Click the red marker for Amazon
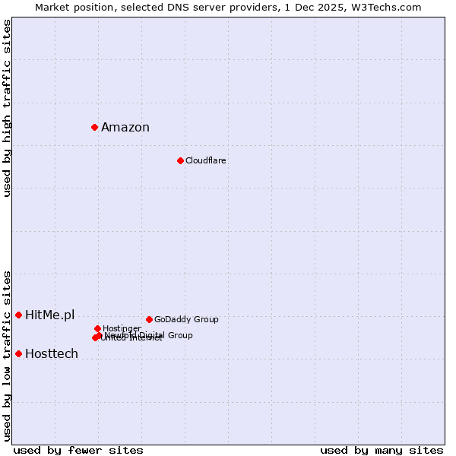coord(94,127)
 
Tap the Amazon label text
coord(125,128)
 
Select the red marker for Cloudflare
coord(180,160)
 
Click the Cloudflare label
coord(206,161)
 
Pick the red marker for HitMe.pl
coord(18,315)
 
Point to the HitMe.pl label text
coord(50,315)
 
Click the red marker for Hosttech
coord(18,353)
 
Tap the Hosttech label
coord(52,354)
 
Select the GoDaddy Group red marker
coord(149,319)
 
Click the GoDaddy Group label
coord(186,320)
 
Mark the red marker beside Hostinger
coord(97,328)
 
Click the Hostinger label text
coord(122,328)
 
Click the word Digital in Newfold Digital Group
coord(152,335)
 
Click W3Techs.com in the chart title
coord(386,7)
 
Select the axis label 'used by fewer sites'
coord(78,450)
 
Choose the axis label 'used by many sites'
coord(382,450)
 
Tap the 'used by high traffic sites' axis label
coord(7,108)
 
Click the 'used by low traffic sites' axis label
coord(7,356)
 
